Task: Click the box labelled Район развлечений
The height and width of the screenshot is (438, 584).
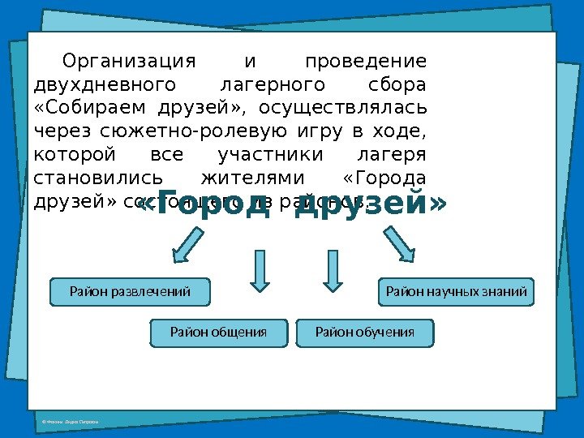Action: [x=130, y=291]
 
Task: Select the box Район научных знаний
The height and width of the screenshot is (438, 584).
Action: [x=457, y=291]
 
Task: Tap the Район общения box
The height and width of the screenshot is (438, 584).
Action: [x=218, y=332]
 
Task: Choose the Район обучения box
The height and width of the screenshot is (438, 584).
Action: [x=365, y=332]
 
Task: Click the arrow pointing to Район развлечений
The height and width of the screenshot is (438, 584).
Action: [x=188, y=243]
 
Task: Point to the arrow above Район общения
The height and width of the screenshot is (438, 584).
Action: [x=259, y=269]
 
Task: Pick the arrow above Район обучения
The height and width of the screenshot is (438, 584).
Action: [x=332, y=269]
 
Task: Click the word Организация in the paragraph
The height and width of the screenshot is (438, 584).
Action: [x=130, y=62]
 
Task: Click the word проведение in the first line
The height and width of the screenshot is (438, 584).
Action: [x=365, y=62]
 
